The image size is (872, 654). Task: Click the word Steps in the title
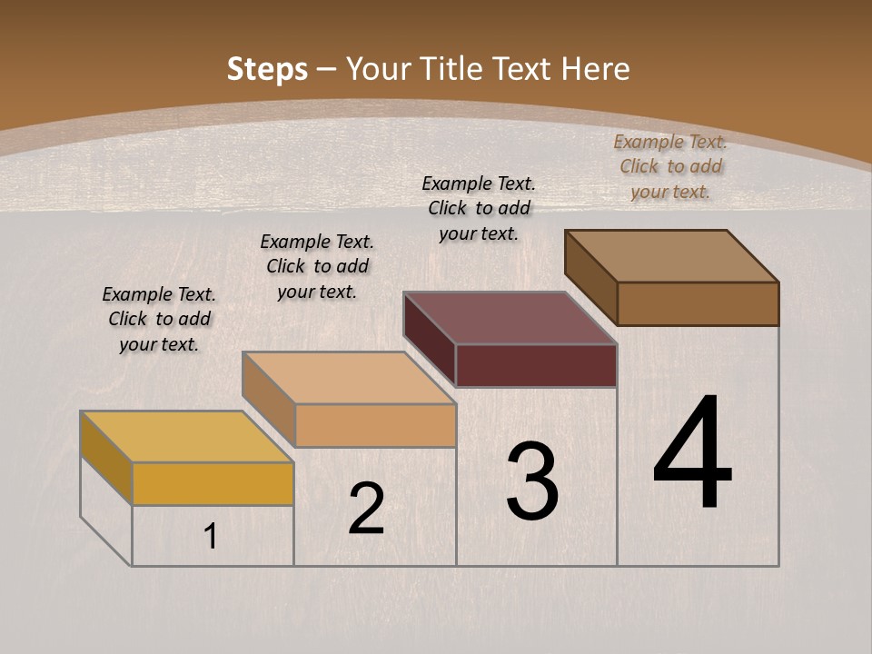tap(267, 69)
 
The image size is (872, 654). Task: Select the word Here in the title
tap(596, 69)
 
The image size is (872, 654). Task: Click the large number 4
tap(692, 454)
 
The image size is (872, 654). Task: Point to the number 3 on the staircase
tap(531, 481)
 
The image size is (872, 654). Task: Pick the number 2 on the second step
tap(366, 510)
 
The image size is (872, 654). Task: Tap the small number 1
tap(211, 537)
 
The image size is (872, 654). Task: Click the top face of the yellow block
tap(187, 437)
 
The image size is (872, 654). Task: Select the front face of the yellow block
tap(213, 483)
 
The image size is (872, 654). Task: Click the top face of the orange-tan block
tap(349, 378)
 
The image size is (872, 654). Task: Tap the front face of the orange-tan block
tap(375, 425)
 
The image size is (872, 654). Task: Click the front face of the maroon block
tap(536, 365)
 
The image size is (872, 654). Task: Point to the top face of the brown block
tap(672, 256)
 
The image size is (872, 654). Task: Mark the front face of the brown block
tap(698, 303)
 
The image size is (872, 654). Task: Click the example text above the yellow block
tap(159, 319)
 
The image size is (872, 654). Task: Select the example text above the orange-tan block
tap(317, 266)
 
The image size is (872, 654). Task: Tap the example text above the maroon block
tap(479, 208)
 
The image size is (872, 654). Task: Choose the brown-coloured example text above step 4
tap(670, 166)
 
